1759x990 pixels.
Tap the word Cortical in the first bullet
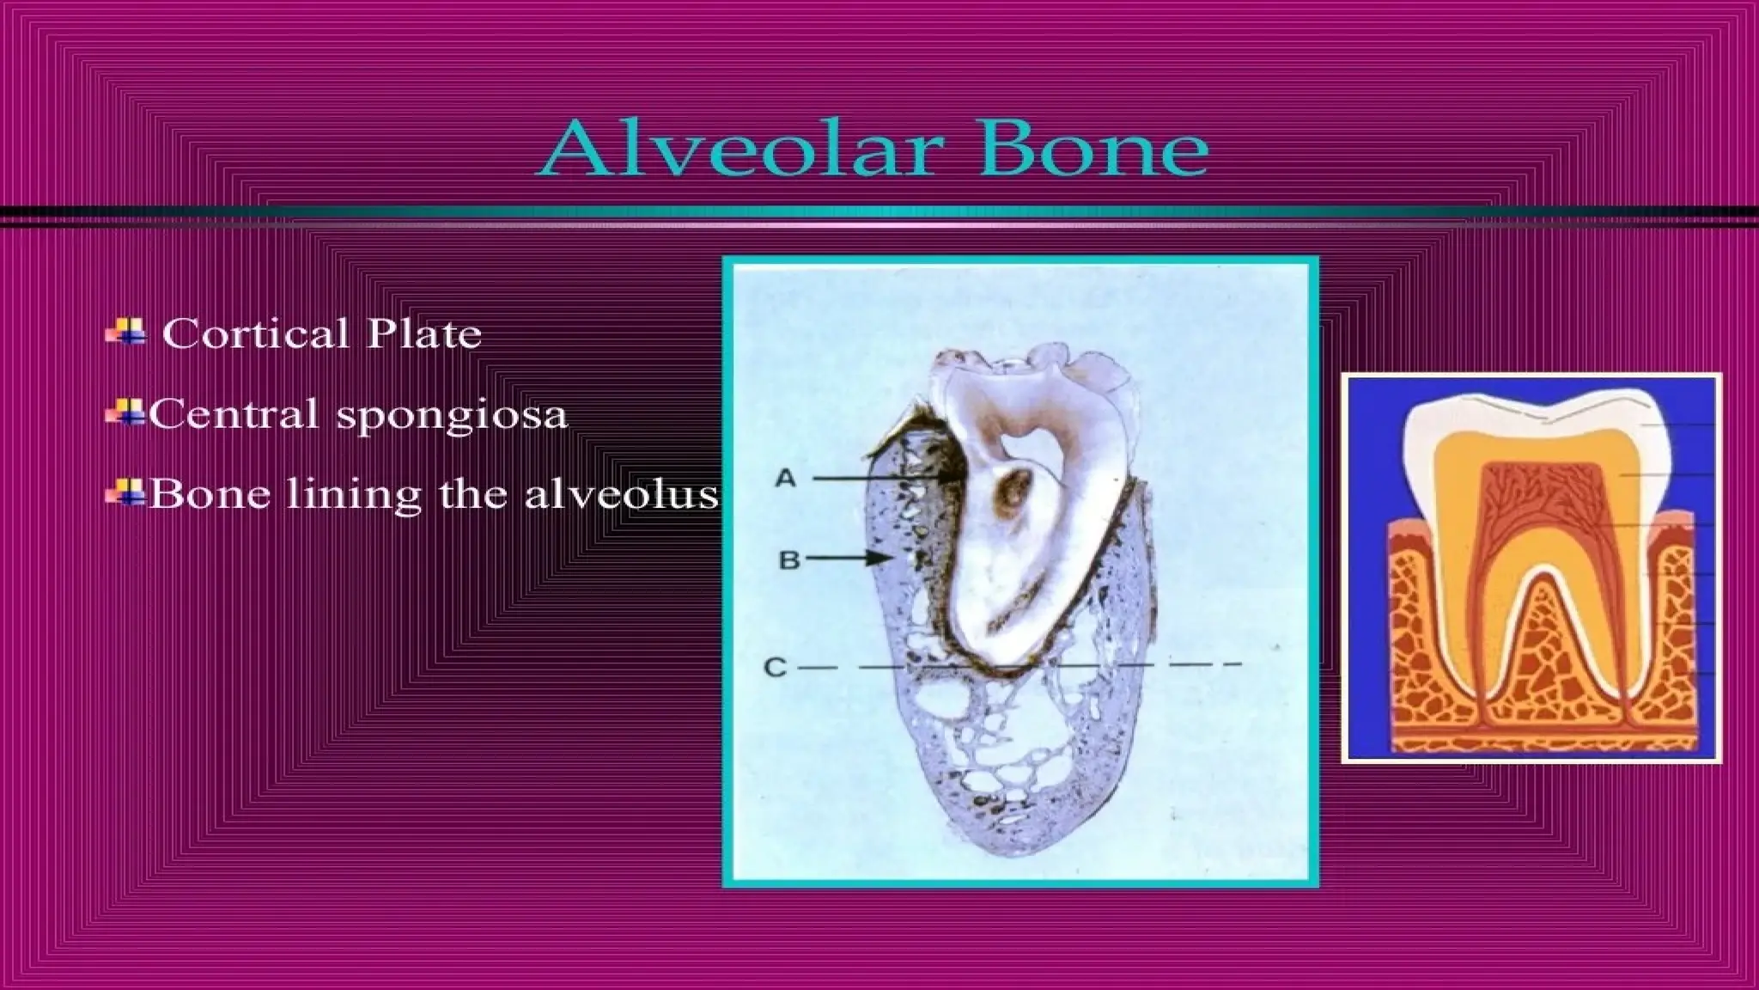click(255, 334)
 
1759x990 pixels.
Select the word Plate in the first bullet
click(424, 334)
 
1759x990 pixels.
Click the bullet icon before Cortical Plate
click(125, 332)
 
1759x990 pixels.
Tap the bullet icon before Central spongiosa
click(124, 413)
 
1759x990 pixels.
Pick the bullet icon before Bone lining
click(124, 494)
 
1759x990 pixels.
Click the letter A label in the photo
click(785, 479)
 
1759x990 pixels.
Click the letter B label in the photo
click(788, 560)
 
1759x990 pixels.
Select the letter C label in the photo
click(775, 667)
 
